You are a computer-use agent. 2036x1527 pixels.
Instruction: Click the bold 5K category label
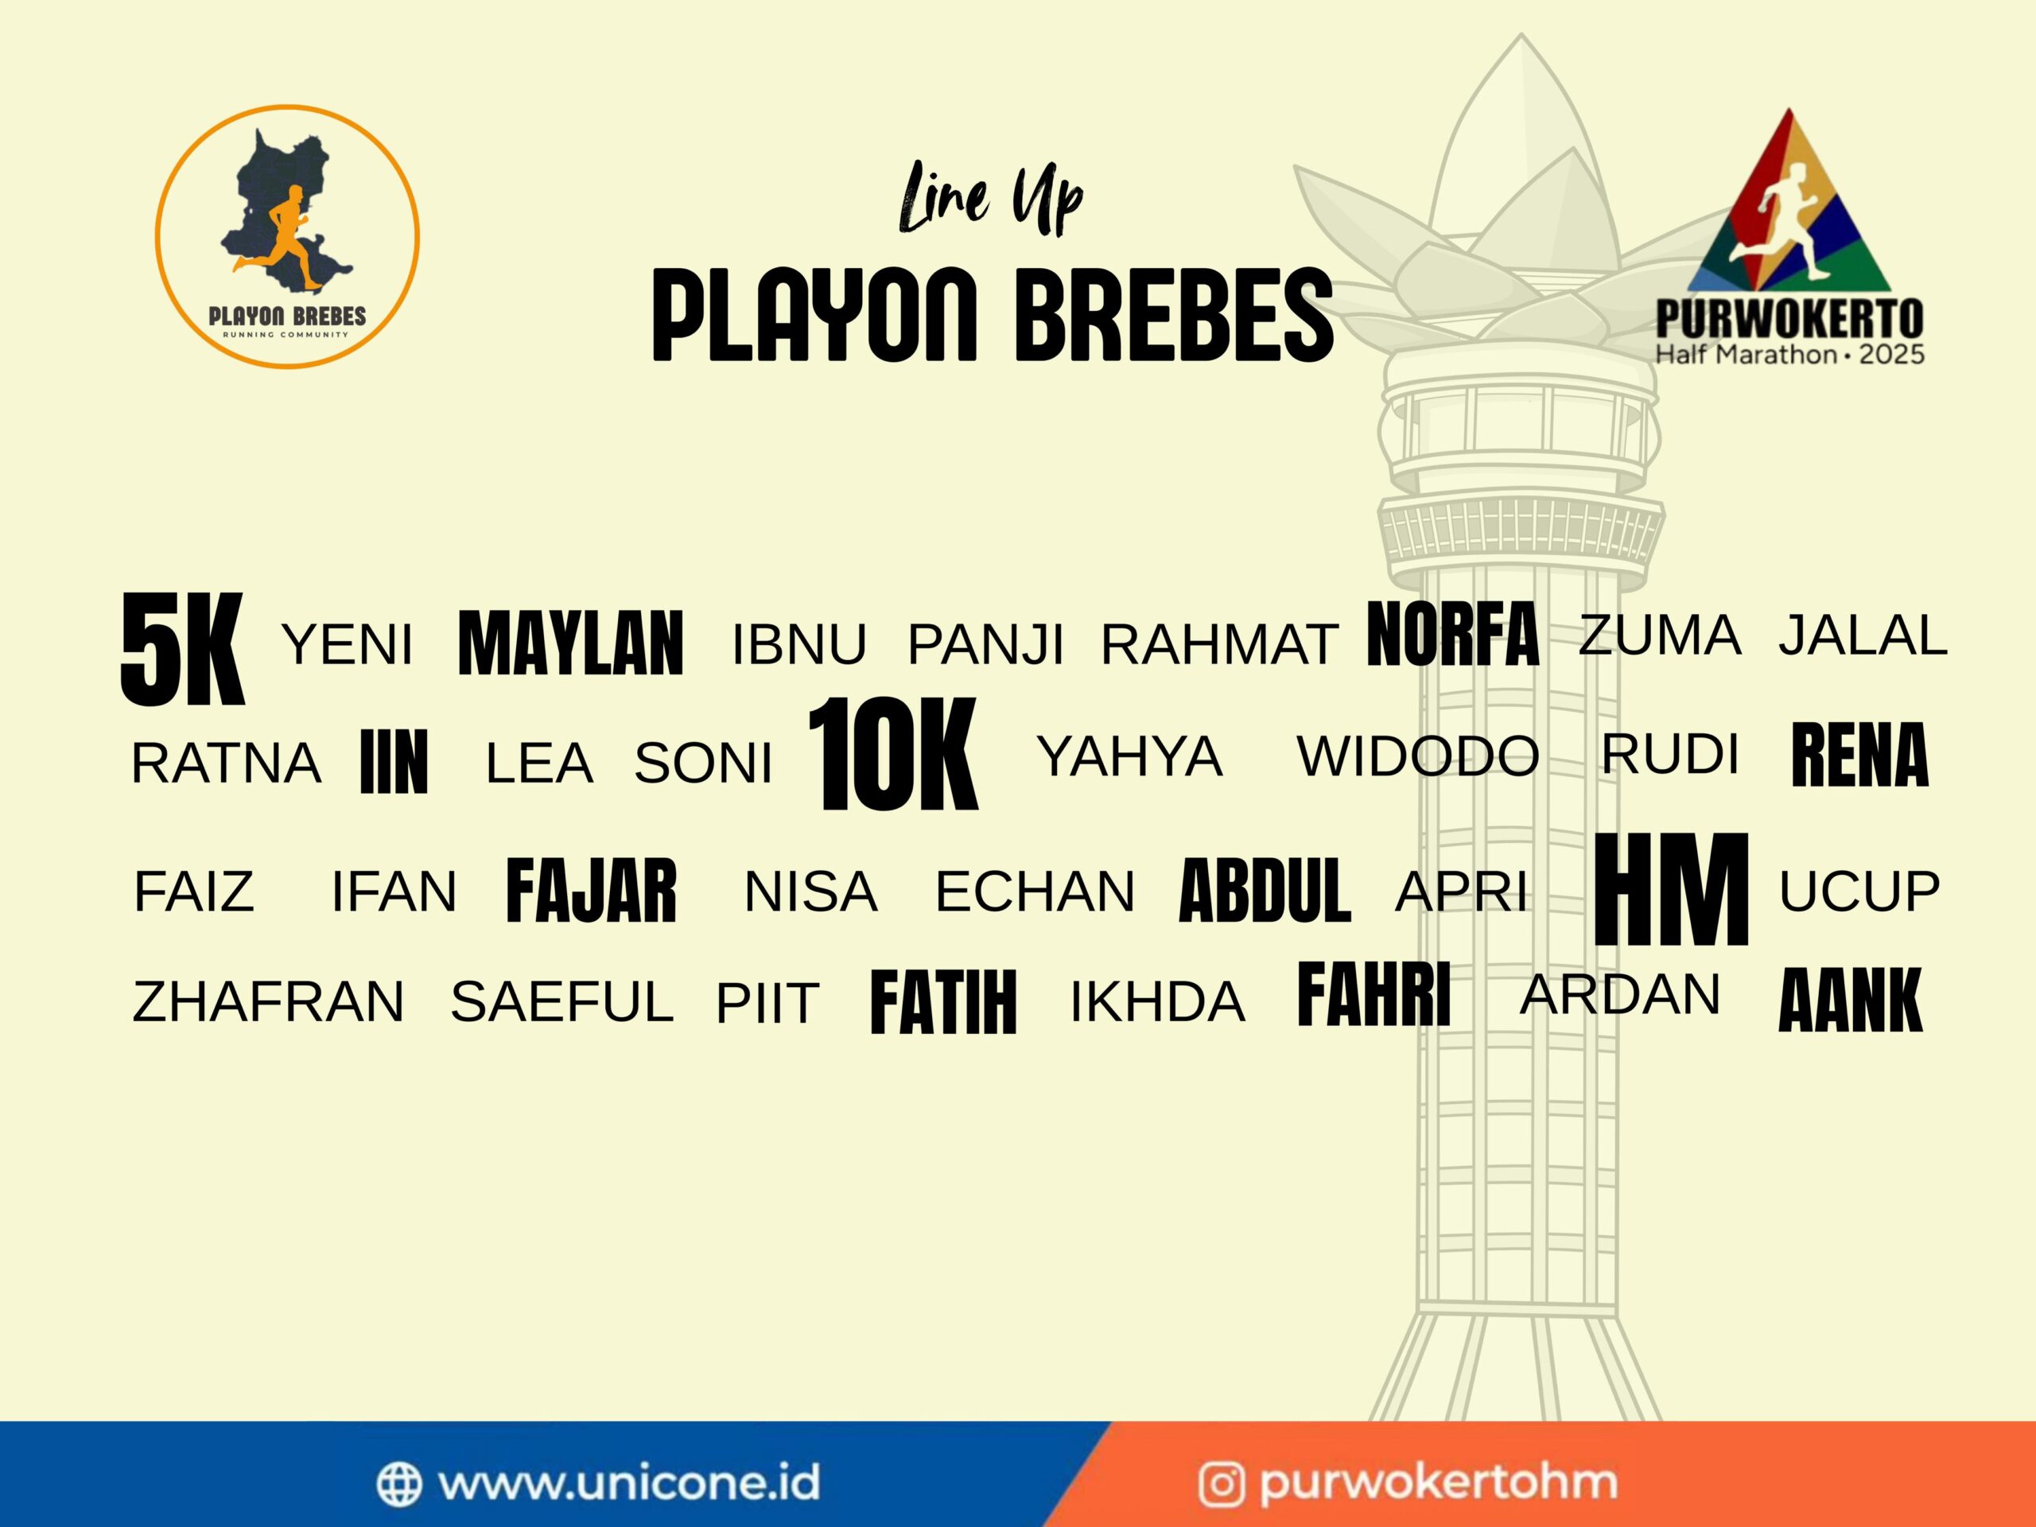[182, 650]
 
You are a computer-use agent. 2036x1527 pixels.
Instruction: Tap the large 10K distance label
[893, 755]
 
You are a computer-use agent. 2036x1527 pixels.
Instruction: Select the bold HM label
[1671, 889]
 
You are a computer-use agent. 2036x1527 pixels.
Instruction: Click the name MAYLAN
[571, 643]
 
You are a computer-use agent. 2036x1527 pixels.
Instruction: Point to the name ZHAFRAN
[268, 1002]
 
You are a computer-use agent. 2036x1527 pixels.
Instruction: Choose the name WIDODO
[1417, 756]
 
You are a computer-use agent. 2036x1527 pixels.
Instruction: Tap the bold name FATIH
[943, 1001]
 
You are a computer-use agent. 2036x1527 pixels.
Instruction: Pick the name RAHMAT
[1219, 643]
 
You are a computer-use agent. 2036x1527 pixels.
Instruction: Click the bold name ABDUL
[1265, 890]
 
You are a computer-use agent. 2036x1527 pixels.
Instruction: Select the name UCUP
[1859, 891]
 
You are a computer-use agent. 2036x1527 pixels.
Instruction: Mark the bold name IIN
[394, 761]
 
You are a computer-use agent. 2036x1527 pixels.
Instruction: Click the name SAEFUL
[561, 1002]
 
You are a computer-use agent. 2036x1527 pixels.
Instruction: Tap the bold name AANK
[1851, 1000]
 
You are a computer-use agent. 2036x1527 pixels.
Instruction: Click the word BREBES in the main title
[1174, 315]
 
